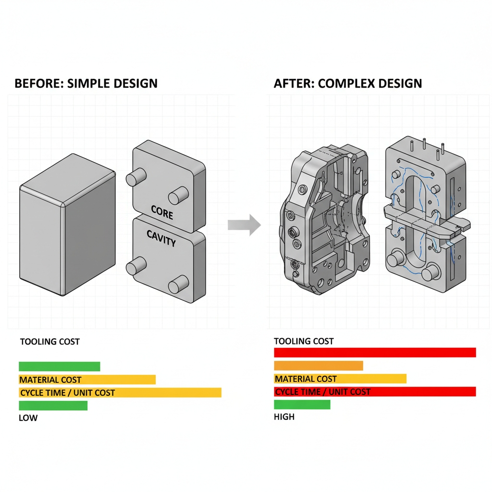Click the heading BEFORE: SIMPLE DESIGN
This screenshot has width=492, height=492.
point(86,83)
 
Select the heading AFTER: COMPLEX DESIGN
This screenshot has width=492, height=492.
point(348,83)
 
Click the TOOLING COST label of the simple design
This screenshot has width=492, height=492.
point(49,342)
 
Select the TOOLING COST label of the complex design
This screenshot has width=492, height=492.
point(304,341)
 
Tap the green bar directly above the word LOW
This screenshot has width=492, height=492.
point(53,406)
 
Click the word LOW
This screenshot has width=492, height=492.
point(28,418)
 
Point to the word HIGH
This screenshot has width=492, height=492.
point(284,417)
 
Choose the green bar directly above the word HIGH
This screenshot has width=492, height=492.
point(302,405)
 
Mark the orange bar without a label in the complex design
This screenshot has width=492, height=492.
point(318,366)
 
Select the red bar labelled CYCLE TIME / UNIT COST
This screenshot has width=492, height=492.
point(375,392)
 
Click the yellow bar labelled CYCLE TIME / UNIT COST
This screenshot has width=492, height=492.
point(120,393)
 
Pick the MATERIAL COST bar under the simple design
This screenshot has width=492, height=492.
point(87,380)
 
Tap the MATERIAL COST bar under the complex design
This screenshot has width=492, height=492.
point(340,379)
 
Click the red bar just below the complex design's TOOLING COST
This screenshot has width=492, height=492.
point(375,353)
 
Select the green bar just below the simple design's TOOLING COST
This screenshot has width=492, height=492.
point(59,367)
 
